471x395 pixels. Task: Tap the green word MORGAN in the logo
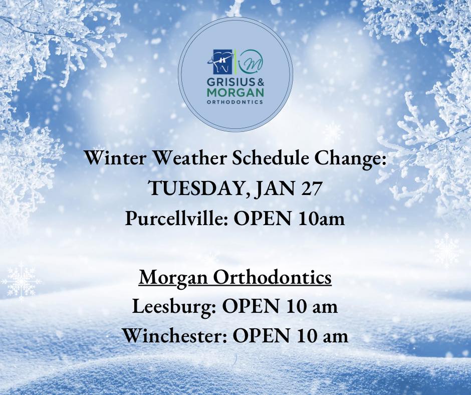pos(235,92)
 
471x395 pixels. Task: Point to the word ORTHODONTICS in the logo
pos(235,102)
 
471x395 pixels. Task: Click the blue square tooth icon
pos(222,62)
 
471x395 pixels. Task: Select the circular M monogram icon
pos(251,62)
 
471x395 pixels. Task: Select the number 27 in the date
pos(311,188)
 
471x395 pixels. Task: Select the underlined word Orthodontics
pos(272,277)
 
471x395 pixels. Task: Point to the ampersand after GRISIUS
pos(260,82)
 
